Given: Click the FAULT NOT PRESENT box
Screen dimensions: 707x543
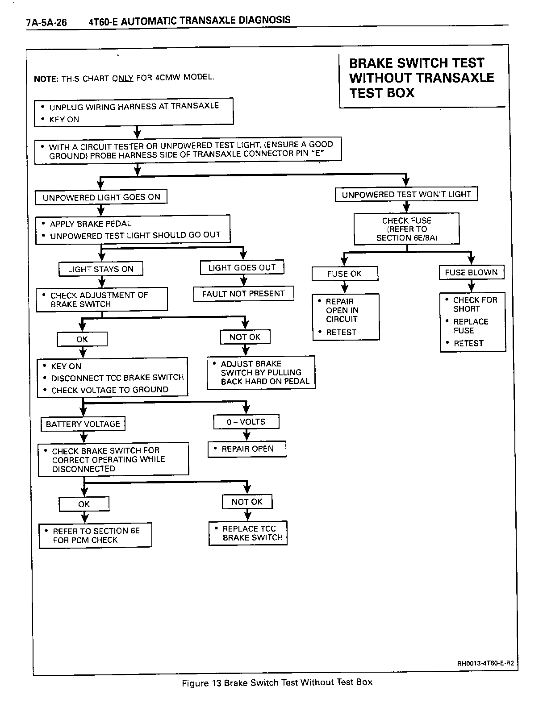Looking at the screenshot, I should (243, 294).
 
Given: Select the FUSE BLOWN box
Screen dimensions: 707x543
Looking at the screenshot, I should (471, 272).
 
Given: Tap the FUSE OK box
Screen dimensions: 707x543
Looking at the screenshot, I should (344, 274).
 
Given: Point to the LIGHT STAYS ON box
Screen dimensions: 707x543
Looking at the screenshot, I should (101, 269).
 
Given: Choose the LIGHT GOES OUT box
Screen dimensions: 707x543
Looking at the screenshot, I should (242, 267).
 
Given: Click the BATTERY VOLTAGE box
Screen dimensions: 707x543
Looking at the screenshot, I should (83, 424).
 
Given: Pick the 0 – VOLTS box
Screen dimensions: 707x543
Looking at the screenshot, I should (246, 422).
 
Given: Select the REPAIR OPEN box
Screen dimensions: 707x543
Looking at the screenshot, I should (247, 449).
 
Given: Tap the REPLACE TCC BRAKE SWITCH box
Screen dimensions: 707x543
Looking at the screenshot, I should (248, 533).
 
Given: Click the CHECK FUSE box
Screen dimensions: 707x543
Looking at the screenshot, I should (407, 229).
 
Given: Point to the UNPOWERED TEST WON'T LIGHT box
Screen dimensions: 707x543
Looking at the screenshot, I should (406, 194).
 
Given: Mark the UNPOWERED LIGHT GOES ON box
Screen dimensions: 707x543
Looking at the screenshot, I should (101, 197).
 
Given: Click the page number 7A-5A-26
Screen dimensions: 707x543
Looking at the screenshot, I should (46, 22).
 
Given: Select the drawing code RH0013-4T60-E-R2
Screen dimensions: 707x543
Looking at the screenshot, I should (485, 663).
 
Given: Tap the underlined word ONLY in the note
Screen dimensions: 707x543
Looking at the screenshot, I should (122, 78).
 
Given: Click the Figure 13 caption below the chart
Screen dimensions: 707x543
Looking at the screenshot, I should (277, 682).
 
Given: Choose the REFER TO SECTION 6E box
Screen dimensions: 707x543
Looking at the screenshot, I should (96, 535).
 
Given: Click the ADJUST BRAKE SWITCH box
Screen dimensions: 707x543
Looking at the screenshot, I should (261, 373).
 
